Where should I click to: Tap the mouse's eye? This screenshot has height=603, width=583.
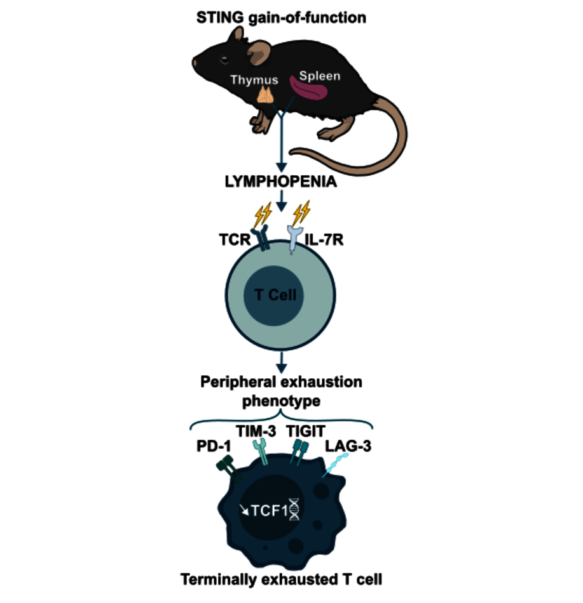tap(224, 60)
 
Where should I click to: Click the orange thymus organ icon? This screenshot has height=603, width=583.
tap(265, 95)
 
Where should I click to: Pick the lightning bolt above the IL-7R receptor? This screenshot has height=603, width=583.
tap(303, 212)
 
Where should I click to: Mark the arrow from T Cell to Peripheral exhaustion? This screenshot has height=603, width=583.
tap(280, 364)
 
